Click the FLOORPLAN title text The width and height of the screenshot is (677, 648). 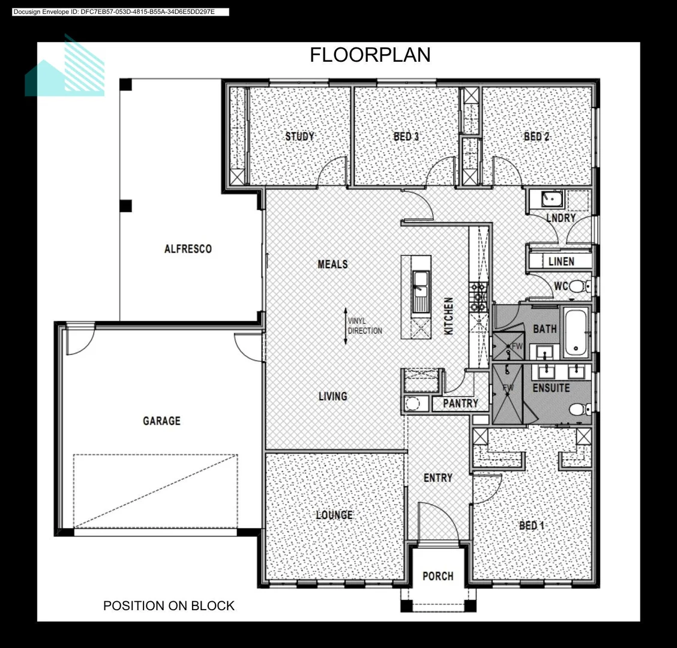pos(370,55)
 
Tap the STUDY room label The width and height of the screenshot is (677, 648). pos(299,136)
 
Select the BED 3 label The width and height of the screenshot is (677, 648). pos(406,136)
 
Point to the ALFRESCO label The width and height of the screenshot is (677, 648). pos(188,248)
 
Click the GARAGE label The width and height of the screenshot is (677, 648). pos(161,421)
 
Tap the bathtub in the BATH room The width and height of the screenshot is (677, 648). pos(576,332)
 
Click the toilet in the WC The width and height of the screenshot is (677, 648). pos(580,286)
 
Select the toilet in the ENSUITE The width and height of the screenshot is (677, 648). pos(580,409)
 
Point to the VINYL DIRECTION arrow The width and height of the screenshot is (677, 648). pos(346,326)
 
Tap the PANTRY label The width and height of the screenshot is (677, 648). pos(461,403)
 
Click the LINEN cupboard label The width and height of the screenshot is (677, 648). pos(561,261)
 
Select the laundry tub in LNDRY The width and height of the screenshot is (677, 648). pos(552,199)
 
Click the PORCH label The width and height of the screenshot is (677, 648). pos(438,576)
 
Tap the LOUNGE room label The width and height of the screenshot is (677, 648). pos(334,515)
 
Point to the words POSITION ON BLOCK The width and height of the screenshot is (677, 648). pos(169,605)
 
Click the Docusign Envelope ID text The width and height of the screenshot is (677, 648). pos(114,11)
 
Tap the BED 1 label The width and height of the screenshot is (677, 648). pos(532,526)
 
